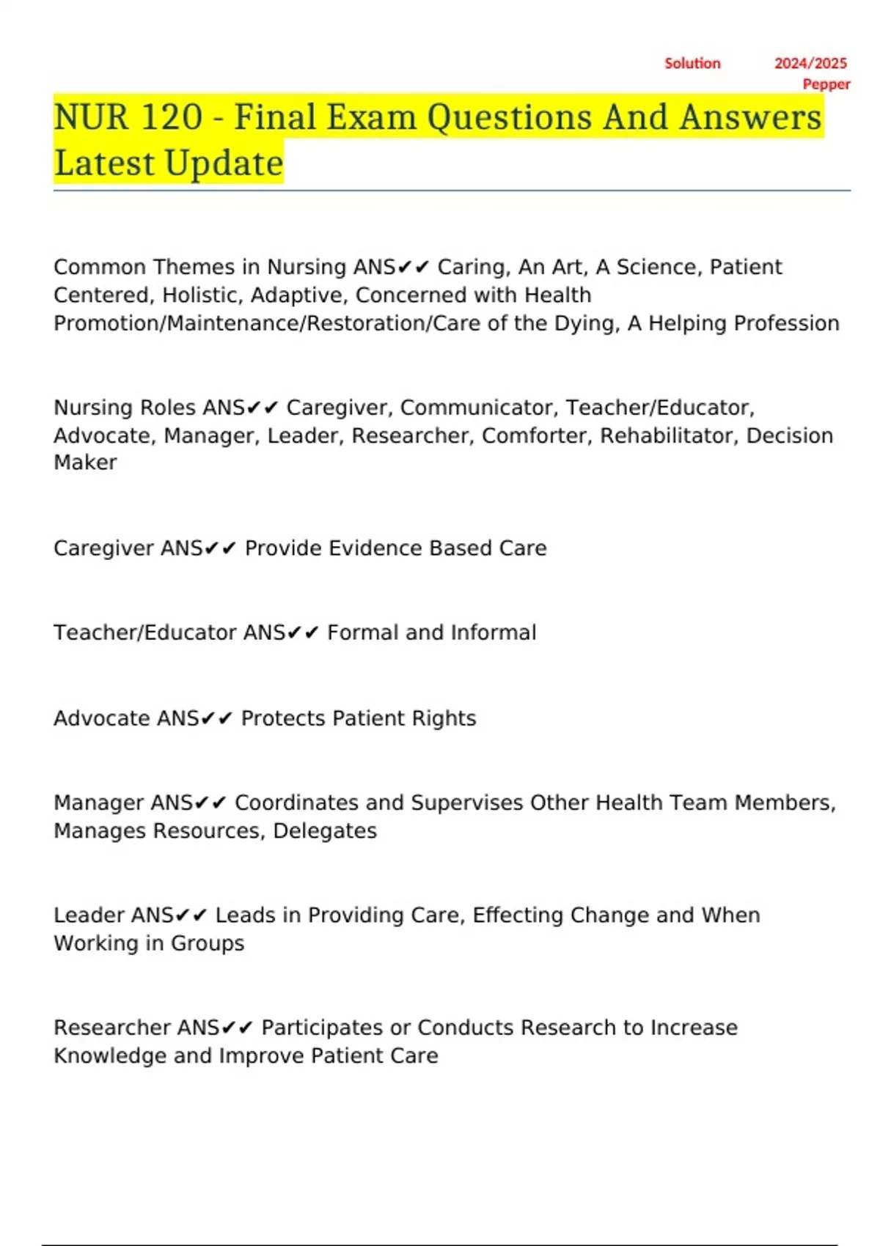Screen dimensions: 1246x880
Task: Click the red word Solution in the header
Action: [x=692, y=64]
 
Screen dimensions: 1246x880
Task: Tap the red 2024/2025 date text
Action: [x=810, y=64]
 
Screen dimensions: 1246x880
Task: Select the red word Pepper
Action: [x=826, y=84]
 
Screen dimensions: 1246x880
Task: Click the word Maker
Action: [x=85, y=462]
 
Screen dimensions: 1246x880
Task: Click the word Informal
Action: [x=494, y=633]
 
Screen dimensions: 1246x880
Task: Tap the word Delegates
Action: [x=325, y=831]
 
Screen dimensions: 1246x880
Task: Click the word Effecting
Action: [x=518, y=915]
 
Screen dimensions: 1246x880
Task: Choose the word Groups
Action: [x=208, y=943]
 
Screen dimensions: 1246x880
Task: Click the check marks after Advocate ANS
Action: [x=216, y=719]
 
